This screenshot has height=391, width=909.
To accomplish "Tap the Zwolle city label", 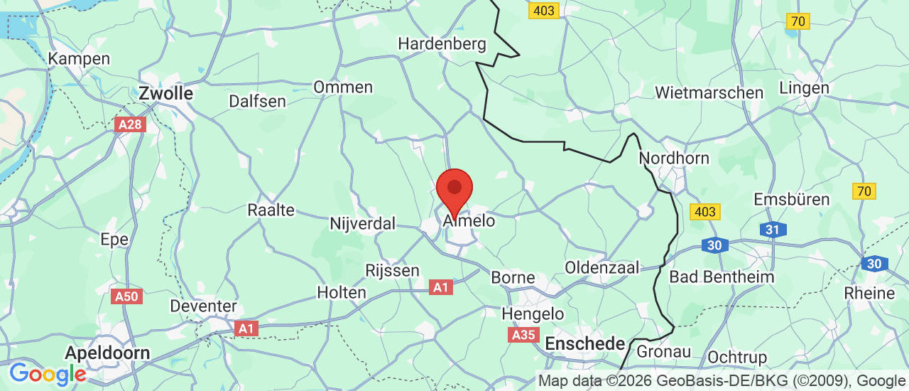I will (166, 93).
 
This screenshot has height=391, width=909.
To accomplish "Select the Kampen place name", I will (79, 59).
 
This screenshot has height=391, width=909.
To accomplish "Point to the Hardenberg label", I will (442, 44).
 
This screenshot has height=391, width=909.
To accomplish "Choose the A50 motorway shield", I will (127, 296).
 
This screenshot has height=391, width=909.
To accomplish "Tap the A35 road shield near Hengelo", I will (524, 335).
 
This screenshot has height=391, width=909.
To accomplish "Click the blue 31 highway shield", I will (773, 230).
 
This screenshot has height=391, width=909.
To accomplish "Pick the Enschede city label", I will (584, 344).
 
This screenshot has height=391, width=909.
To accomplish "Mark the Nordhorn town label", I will (674, 158).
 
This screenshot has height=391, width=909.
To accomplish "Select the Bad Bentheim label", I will (722, 277).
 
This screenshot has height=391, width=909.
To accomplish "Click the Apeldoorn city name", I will (107, 353).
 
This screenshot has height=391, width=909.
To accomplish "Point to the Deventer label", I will (203, 306).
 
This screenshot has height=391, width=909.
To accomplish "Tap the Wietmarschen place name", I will (709, 93).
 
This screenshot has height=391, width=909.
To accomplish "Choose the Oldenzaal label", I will (602, 267).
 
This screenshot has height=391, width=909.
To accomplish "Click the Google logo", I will (47, 374).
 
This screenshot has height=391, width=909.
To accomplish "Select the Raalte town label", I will (271, 210).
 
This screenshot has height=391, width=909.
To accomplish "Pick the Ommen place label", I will (343, 87).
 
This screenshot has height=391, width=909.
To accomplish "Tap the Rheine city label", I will (869, 293).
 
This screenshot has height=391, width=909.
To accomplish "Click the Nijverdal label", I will (362, 224).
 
